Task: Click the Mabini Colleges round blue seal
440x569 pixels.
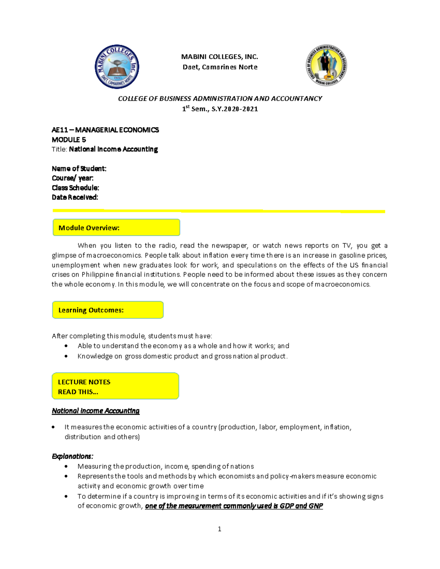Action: point(117,67)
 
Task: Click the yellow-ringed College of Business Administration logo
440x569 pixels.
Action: point(326,66)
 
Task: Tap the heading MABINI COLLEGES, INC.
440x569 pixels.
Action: point(220,57)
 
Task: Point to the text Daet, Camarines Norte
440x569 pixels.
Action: point(220,67)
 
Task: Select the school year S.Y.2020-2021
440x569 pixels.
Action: point(235,109)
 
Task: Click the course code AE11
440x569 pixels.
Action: point(59,130)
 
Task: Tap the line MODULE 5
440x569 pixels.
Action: point(69,140)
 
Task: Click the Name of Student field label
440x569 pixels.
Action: point(79,169)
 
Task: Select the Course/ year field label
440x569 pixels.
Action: point(73,178)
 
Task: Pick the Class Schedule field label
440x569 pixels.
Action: point(76,188)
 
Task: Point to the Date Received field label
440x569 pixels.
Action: point(75,197)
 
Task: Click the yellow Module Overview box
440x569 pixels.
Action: point(116,228)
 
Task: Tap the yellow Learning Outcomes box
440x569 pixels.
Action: point(108,310)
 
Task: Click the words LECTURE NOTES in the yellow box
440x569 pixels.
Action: point(84,382)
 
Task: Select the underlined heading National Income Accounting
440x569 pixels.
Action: point(96,411)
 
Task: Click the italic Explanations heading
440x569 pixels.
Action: point(73,456)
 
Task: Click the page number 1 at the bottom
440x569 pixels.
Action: point(219,529)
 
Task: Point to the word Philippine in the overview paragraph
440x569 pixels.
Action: point(98,274)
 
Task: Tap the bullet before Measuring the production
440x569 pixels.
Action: point(66,466)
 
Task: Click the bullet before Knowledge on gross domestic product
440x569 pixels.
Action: point(66,356)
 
